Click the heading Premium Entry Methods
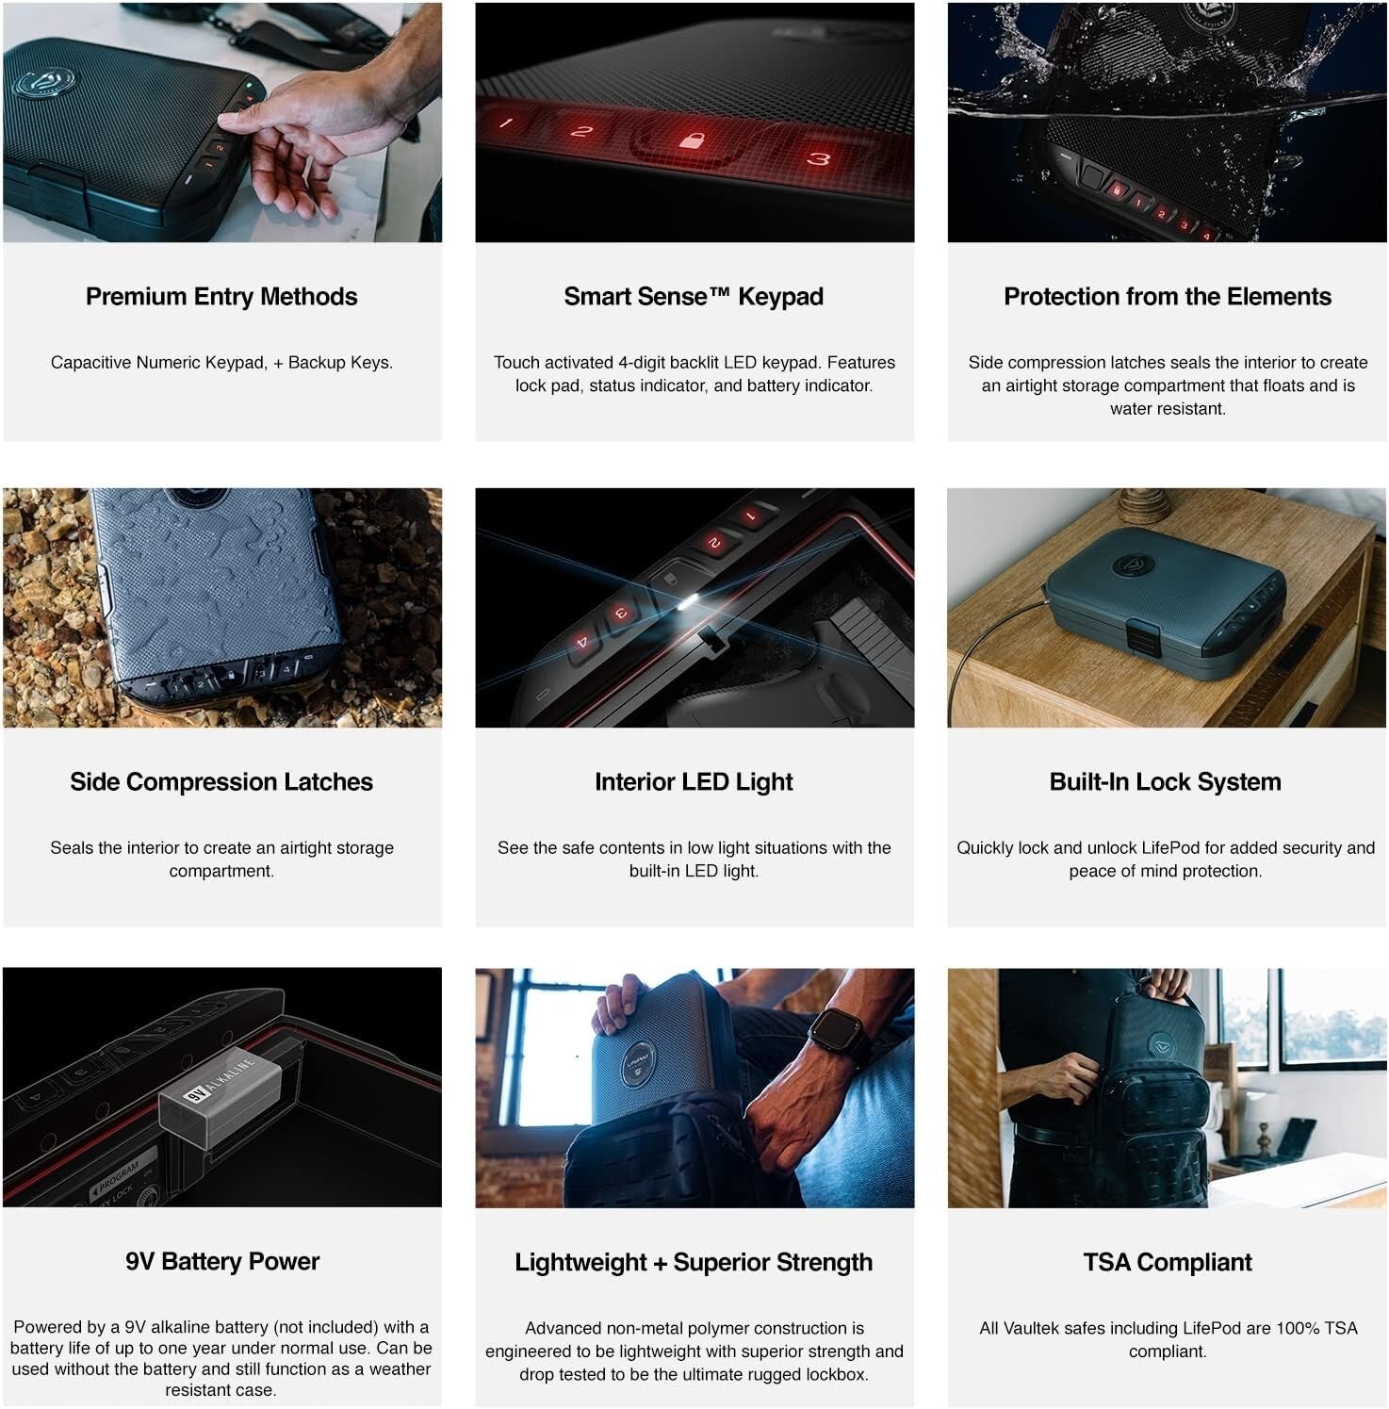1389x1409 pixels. (x=221, y=297)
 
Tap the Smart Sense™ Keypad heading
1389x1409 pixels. (x=694, y=297)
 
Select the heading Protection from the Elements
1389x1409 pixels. (x=1167, y=297)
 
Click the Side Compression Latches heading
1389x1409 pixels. (x=221, y=782)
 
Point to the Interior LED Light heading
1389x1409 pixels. (x=694, y=782)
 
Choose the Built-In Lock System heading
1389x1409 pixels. (x=1165, y=782)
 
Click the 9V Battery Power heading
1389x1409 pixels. (x=222, y=1261)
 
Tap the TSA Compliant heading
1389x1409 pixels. (x=1167, y=1262)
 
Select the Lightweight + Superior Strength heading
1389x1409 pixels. (x=694, y=1262)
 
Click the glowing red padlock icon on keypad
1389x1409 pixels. (x=692, y=141)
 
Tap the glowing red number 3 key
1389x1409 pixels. (x=818, y=158)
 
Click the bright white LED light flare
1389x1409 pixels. (x=692, y=601)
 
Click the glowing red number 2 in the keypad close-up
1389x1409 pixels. (x=581, y=132)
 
